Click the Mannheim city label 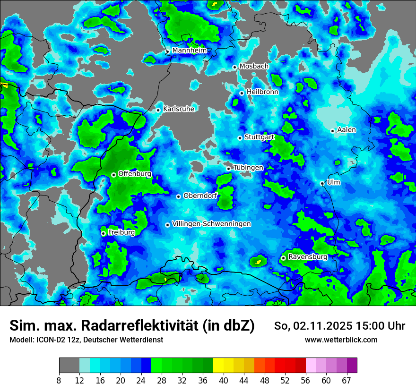pos(189,50)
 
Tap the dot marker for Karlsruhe pos(158,110)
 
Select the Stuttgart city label pos(259,137)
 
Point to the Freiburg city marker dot pos(103,233)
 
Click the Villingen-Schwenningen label pos(211,224)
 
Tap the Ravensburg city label pos(307,257)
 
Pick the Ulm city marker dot pos(322,183)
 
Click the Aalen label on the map pos(347,129)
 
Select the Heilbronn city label pos(262,92)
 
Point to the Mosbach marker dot pos(234,67)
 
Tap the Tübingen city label pos(248,168)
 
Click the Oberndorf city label pos(200,196)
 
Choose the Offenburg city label pos(135,174)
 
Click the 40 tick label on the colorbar pos(224,381)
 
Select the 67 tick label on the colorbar pos(347,381)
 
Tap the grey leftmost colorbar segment pos(69,366)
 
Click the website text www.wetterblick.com pos(341,340)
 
